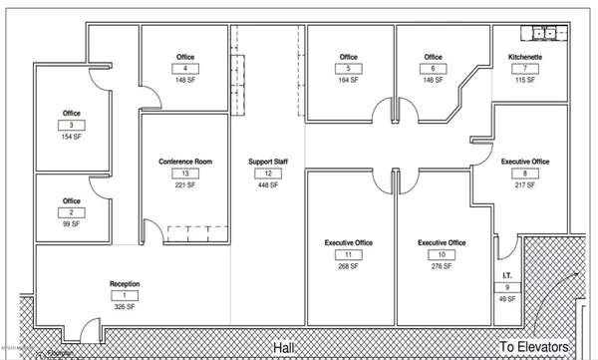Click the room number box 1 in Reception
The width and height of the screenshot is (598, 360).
(x=125, y=296)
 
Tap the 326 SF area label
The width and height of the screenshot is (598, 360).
(x=125, y=308)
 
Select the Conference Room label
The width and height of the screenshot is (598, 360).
(x=185, y=162)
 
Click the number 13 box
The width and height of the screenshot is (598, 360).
(x=185, y=174)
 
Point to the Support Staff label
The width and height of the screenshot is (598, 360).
(x=267, y=162)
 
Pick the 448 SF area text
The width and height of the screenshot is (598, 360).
(x=267, y=185)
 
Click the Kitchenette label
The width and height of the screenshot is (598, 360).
(x=524, y=58)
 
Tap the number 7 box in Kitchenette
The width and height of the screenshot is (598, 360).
(x=524, y=69)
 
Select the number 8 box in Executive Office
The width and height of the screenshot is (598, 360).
(x=524, y=174)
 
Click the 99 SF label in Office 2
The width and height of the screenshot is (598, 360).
(x=71, y=224)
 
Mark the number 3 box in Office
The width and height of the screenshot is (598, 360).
(x=71, y=126)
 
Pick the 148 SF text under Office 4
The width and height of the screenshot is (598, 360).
(x=184, y=80)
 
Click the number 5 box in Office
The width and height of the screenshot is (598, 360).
(x=348, y=69)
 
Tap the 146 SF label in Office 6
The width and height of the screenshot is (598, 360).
(x=432, y=80)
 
